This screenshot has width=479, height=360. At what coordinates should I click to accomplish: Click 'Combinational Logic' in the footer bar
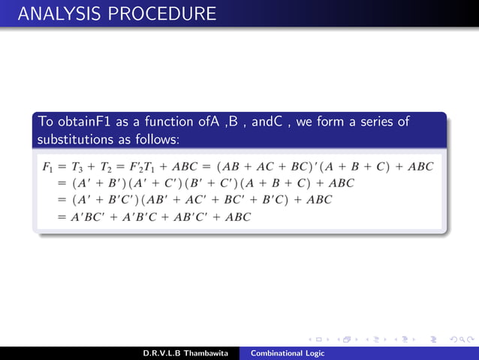[288, 353]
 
